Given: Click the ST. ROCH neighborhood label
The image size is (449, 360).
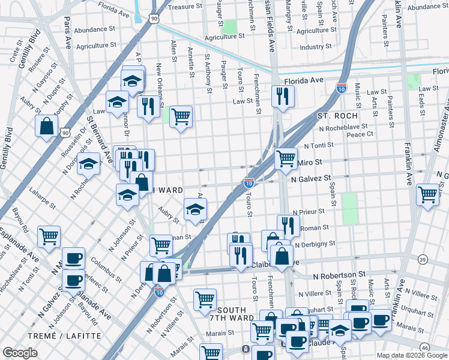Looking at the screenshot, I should (x=338, y=115).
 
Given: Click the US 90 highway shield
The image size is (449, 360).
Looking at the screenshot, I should (x=155, y=19).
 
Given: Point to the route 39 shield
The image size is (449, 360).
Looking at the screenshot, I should (x=423, y=259).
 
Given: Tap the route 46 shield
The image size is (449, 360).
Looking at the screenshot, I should (x=424, y=347).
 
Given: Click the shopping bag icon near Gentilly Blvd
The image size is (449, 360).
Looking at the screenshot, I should (x=47, y=127).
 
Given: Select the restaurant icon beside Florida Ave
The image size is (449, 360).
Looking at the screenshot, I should (x=282, y=95).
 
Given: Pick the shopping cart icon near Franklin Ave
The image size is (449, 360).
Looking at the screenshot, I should (x=427, y=195).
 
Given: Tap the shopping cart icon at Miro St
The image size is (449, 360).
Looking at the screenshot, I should (x=286, y=158).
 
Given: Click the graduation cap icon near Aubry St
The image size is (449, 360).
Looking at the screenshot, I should (x=195, y=209).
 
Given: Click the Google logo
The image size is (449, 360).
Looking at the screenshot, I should (x=20, y=353).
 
